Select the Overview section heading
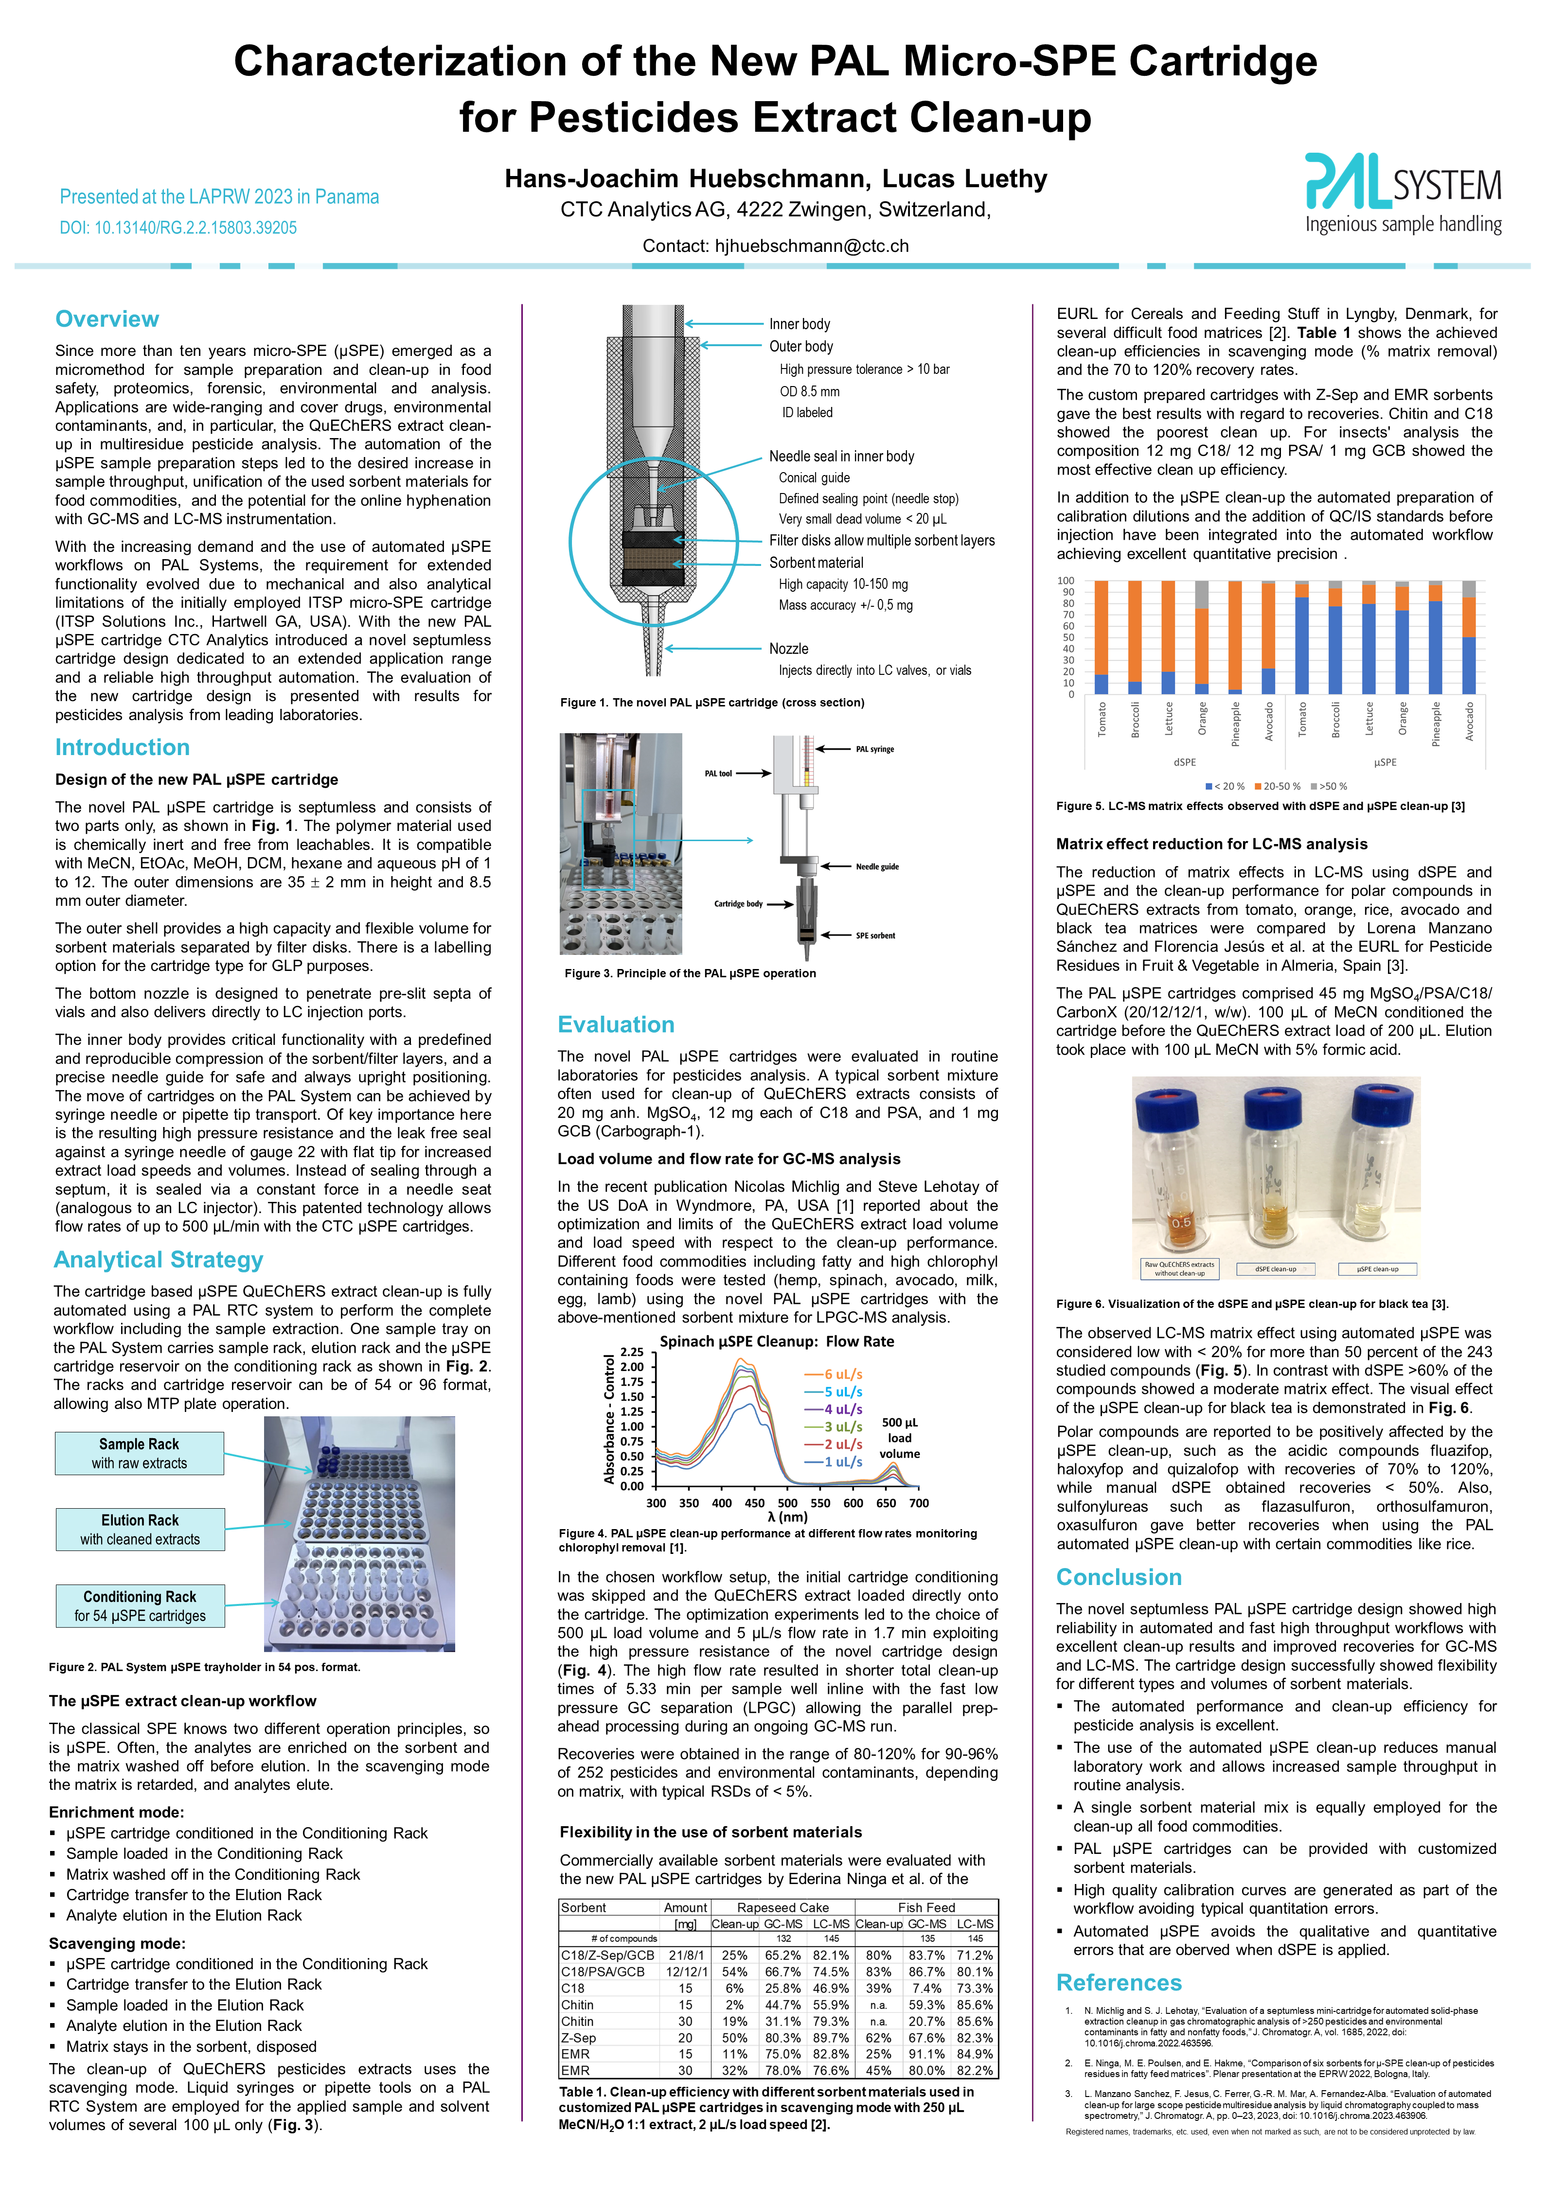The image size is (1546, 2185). pos(107,319)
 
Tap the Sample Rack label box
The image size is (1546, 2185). pos(139,1453)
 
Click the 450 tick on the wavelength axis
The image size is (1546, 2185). pos(755,1503)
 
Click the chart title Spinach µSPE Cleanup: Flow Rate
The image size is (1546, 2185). pos(777,1341)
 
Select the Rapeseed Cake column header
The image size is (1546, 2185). pos(782,1907)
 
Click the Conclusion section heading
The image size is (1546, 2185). pos(1119,1577)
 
